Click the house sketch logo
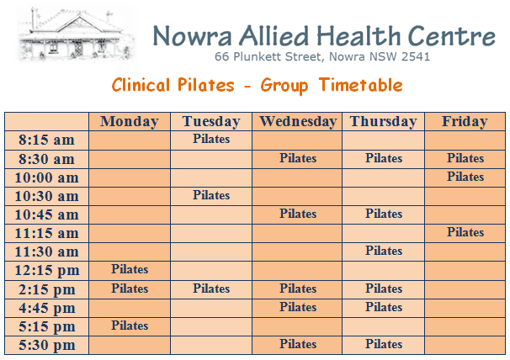pyautogui.click(x=77, y=34)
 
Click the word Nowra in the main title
pyautogui.click(x=193, y=36)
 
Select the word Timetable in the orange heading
pyautogui.click(x=360, y=85)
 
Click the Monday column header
pyautogui.click(x=130, y=121)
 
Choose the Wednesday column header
pyautogui.click(x=298, y=121)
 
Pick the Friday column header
pyautogui.click(x=465, y=121)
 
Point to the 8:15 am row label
pyautogui.click(x=46, y=140)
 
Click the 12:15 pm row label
pyautogui.click(x=47, y=270)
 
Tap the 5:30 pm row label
pyautogui.click(x=47, y=345)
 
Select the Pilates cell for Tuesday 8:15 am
pyautogui.click(x=211, y=139)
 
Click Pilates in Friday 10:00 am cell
pyautogui.click(x=465, y=177)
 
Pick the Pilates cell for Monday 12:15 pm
pyautogui.click(x=130, y=269)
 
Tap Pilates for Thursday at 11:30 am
pyautogui.click(x=384, y=251)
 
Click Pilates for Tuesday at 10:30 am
pyautogui.click(x=211, y=195)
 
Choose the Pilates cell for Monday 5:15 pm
pyautogui.click(x=130, y=326)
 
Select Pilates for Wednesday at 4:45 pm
pyautogui.click(x=298, y=307)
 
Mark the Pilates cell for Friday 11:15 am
pyautogui.click(x=465, y=232)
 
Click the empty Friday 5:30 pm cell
pyautogui.click(x=465, y=345)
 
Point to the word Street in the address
pyautogui.click(x=303, y=57)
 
